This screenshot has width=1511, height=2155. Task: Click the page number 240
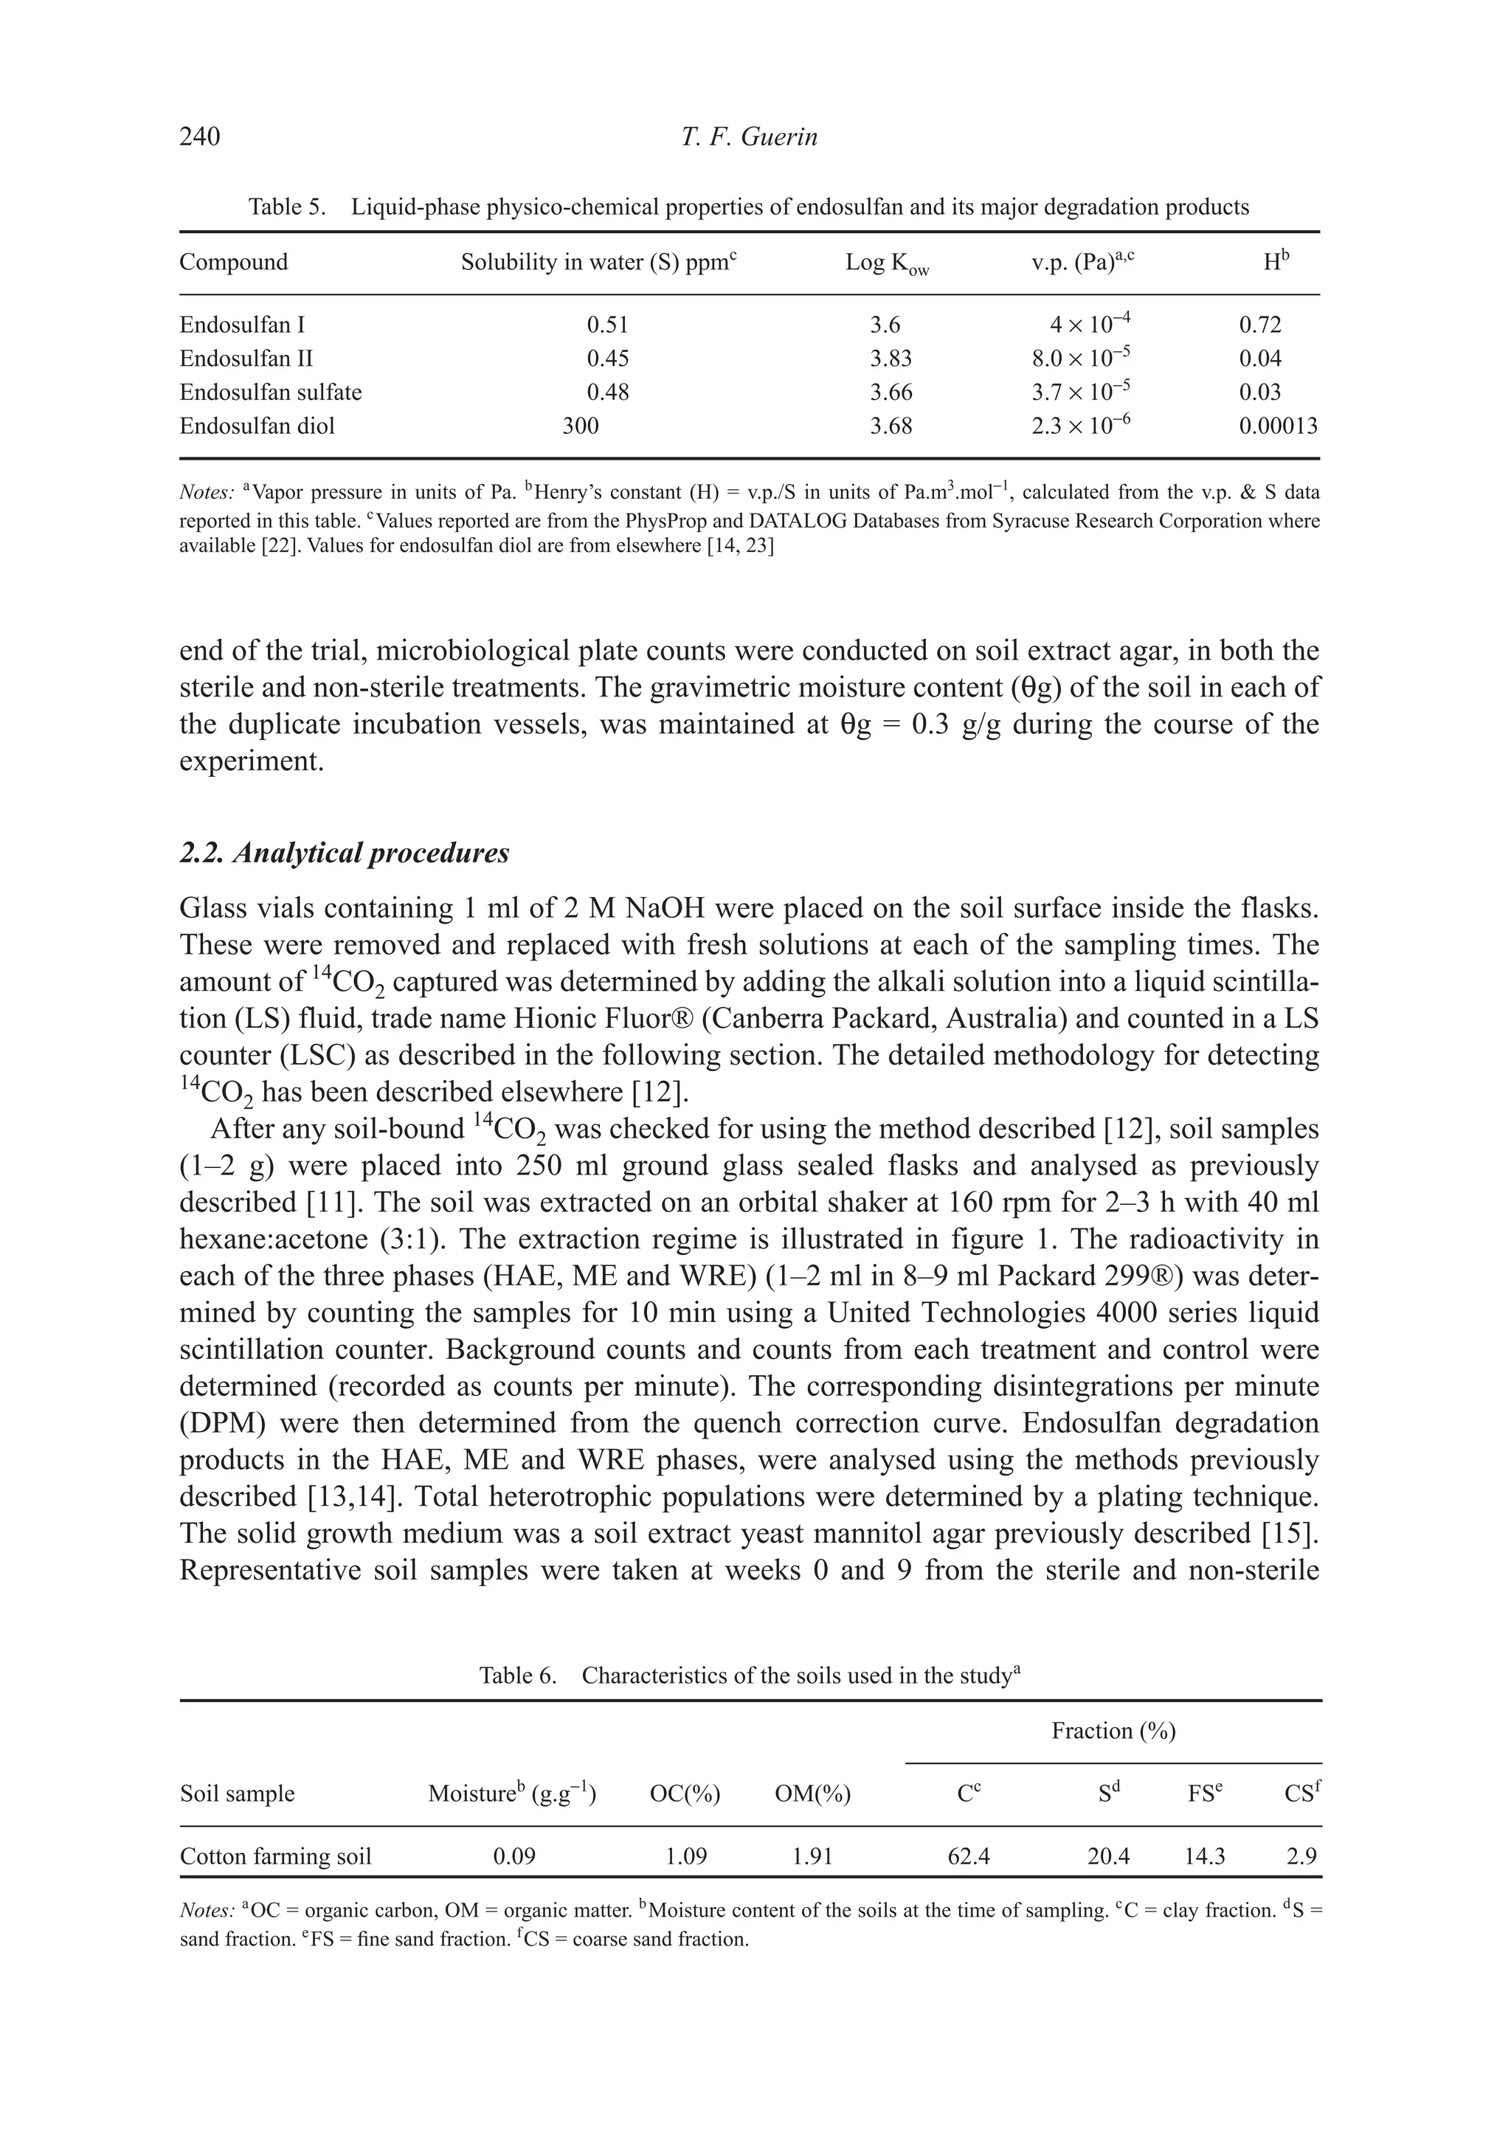pos(200,137)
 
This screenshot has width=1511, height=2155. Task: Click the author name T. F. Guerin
pos(749,137)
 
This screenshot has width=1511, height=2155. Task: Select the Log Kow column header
pos(886,263)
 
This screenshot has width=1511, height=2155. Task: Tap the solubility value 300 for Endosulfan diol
pos(580,426)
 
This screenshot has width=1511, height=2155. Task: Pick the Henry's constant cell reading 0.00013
pos(1277,426)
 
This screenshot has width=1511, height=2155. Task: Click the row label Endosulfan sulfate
pos(270,392)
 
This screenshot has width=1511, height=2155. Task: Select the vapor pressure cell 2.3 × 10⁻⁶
pos(1080,426)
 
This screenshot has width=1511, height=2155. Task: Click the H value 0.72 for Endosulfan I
pos(1259,325)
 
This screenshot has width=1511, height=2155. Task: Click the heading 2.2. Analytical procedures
pos(345,853)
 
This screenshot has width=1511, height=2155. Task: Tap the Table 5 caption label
pos(286,207)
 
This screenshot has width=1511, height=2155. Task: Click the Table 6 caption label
pos(517,1676)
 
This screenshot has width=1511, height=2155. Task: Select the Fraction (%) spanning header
pos(1113,1732)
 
